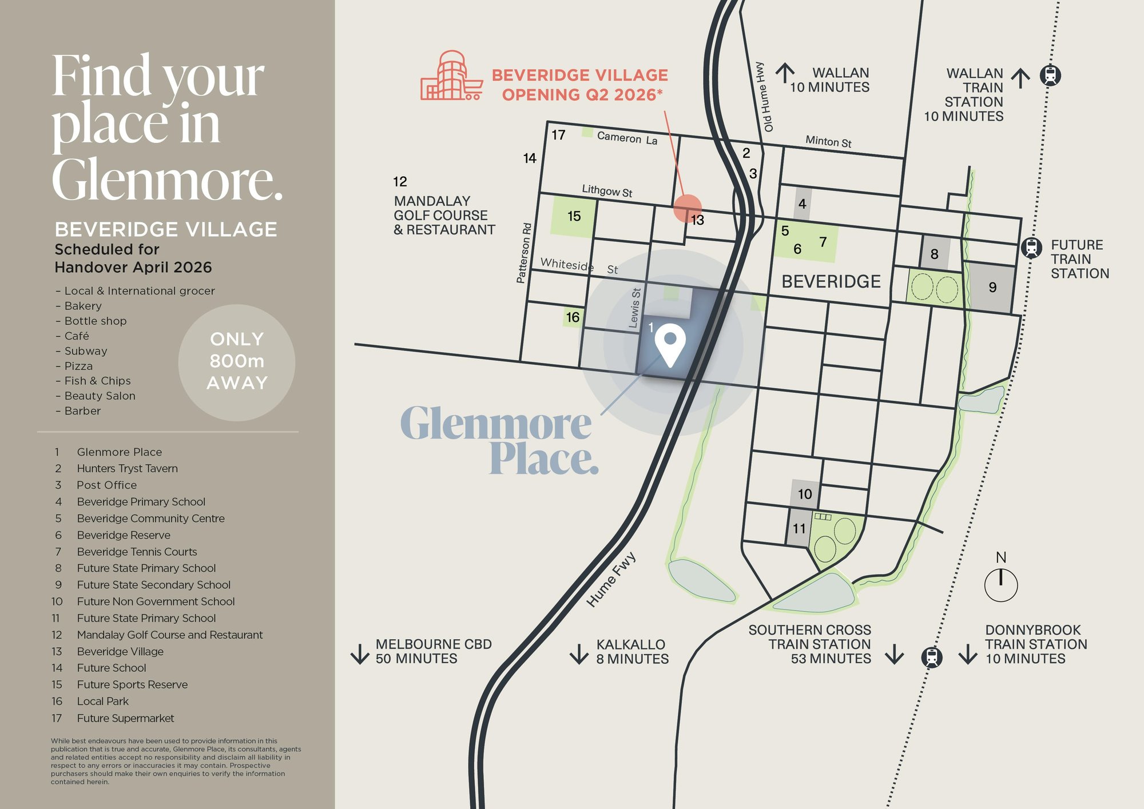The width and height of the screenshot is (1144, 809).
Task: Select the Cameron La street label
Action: (x=627, y=138)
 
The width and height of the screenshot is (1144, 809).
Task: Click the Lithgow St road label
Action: (x=607, y=190)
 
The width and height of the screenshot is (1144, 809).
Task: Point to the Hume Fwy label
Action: (x=611, y=579)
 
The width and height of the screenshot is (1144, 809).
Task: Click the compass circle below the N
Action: (x=1000, y=585)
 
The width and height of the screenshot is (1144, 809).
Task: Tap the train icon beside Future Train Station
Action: (x=1031, y=248)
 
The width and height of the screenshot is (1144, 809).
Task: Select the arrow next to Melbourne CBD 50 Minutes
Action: (x=360, y=653)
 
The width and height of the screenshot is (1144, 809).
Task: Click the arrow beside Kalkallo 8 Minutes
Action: (x=579, y=653)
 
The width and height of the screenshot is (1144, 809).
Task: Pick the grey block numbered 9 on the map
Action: (x=992, y=288)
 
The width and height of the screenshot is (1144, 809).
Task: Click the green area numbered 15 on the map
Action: (x=573, y=216)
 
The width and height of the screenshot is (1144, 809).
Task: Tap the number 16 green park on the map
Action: (x=573, y=317)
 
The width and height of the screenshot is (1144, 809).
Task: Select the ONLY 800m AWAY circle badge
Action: (x=237, y=362)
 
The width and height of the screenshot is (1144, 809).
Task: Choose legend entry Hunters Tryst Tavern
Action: (x=127, y=468)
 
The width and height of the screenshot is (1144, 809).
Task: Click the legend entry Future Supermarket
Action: (x=125, y=718)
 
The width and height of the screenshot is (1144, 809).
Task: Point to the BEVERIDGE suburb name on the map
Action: (x=831, y=281)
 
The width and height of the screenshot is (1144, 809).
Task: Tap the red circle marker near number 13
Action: (x=687, y=208)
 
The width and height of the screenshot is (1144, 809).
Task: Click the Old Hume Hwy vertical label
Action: (x=764, y=97)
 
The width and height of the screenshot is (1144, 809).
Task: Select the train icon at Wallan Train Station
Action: (x=1050, y=75)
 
